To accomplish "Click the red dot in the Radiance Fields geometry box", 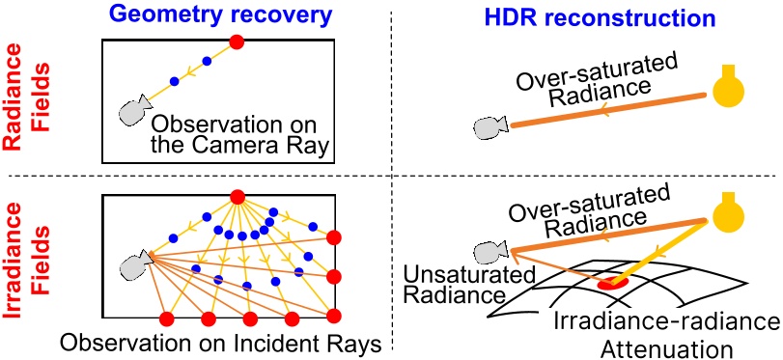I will [x=237, y=42].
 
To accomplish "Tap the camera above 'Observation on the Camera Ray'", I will [x=133, y=112].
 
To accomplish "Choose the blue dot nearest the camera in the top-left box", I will [x=174, y=81].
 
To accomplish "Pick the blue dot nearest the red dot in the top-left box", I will [x=206, y=61].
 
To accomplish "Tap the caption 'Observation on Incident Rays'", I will [x=220, y=344].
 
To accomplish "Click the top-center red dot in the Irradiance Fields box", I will [x=237, y=199].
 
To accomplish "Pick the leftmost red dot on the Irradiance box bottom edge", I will [x=165, y=318].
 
